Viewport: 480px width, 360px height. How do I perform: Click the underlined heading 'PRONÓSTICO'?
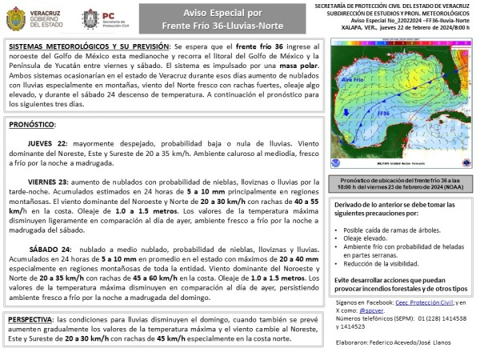(x=31, y=126)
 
